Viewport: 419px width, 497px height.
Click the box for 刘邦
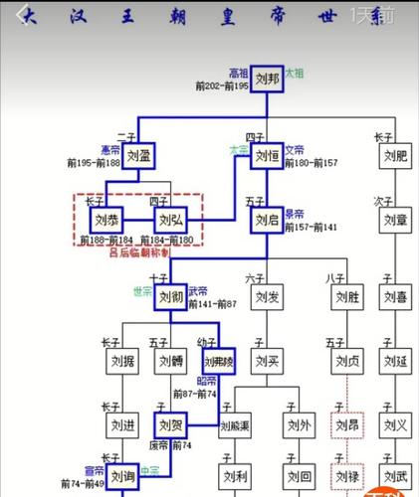pos(267,80)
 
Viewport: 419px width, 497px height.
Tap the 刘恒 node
pos(267,156)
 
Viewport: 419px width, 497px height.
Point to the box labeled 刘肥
pos(396,156)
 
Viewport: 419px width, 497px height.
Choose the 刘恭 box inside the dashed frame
pos(105,219)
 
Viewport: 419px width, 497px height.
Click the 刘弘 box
pos(170,219)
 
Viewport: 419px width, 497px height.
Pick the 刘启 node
pos(267,219)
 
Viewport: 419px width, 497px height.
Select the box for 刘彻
pos(170,297)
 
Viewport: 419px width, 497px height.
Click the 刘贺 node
pos(170,426)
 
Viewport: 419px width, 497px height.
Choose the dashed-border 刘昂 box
pos(346,426)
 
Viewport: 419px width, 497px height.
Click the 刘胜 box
pos(346,297)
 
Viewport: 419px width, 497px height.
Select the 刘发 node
pos(267,297)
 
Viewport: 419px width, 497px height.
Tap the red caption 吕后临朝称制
pos(138,252)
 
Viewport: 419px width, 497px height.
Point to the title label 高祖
pos(238,73)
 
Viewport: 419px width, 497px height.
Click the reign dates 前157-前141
pos(310,227)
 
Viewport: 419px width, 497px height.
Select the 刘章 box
pos(396,219)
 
